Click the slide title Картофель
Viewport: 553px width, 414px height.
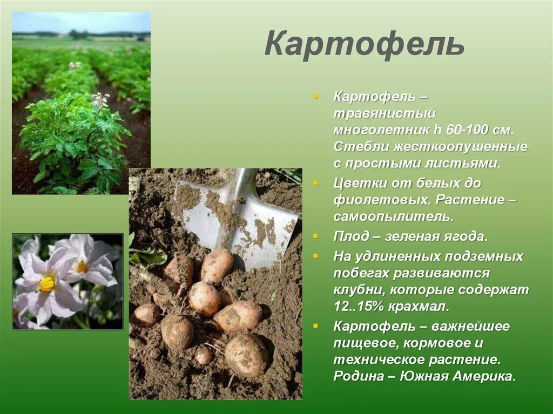coord(364,44)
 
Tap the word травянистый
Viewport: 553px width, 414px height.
coord(384,114)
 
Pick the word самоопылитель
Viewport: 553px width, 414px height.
coord(393,216)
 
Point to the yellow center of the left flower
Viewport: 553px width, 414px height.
coord(48,283)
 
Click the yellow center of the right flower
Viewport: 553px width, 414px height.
coord(82,267)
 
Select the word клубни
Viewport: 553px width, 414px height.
coord(359,289)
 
